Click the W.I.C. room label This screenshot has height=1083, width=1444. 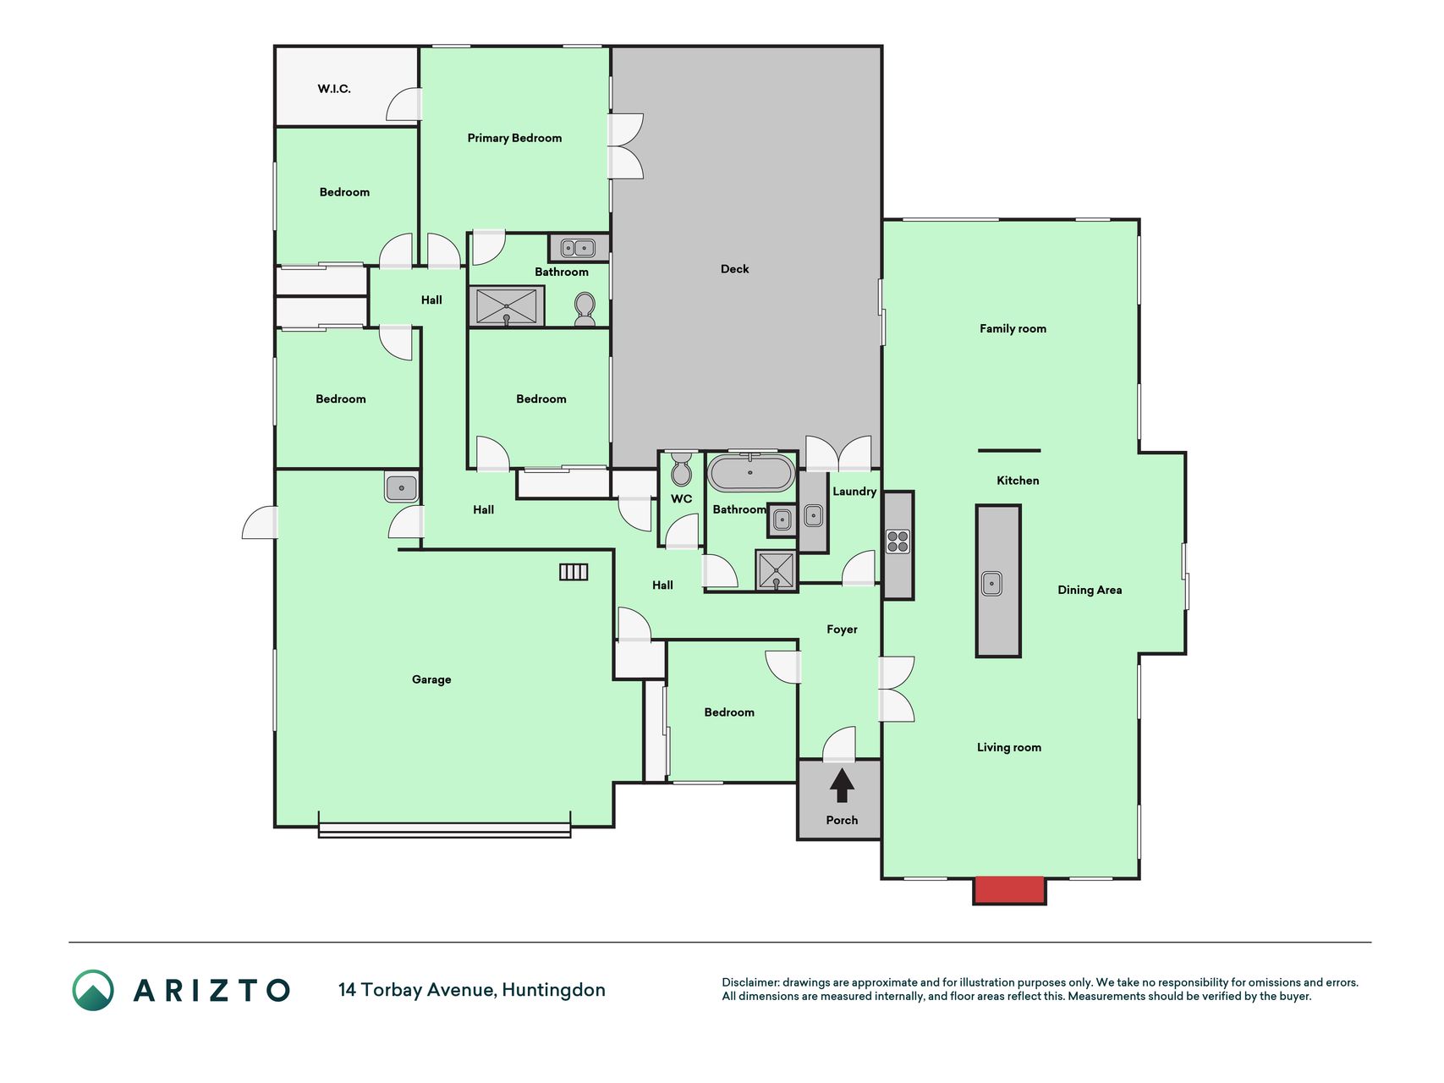coord(334,89)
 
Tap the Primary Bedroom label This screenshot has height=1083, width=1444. coord(514,138)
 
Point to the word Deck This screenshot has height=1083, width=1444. coord(734,269)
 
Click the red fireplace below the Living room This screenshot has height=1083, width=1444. coord(1009,890)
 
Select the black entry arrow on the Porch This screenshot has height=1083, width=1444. coord(842,784)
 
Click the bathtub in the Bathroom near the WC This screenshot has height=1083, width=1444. coord(751,473)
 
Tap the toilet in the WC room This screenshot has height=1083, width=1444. coord(681,470)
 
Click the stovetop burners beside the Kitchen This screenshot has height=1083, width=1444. coord(898,541)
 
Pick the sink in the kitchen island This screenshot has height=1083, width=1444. coord(991,583)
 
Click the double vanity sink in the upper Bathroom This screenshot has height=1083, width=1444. coord(579,248)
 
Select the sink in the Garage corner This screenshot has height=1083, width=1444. coord(401,487)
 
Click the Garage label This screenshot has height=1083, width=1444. coord(431,679)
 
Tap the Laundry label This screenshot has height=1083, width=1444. coord(854,492)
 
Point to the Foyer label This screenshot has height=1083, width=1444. coord(842,629)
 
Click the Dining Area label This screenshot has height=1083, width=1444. coord(1090,591)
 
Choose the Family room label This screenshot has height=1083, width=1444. coord(1013,329)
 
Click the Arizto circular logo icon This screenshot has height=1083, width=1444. coord(93,990)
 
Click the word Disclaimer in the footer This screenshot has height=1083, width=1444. coord(750,982)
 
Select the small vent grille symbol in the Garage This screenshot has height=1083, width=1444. coord(574,572)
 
